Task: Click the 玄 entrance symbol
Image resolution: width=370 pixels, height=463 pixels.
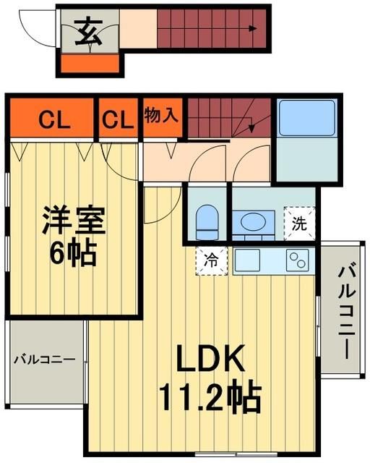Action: click(88, 31)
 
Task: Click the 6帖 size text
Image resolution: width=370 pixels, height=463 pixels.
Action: click(72, 253)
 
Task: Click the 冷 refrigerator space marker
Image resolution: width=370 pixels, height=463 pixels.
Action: click(211, 258)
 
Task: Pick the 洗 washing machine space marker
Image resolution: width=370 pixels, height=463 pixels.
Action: click(300, 223)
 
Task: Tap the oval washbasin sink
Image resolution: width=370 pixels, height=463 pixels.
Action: click(253, 221)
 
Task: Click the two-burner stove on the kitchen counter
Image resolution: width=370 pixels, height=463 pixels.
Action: click(297, 259)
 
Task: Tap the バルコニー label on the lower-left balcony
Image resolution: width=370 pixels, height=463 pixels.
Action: click(45, 358)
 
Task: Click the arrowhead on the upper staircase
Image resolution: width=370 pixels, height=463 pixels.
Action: click(254, 30)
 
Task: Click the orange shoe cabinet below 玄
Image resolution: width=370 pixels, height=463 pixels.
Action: click(90, 64)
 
